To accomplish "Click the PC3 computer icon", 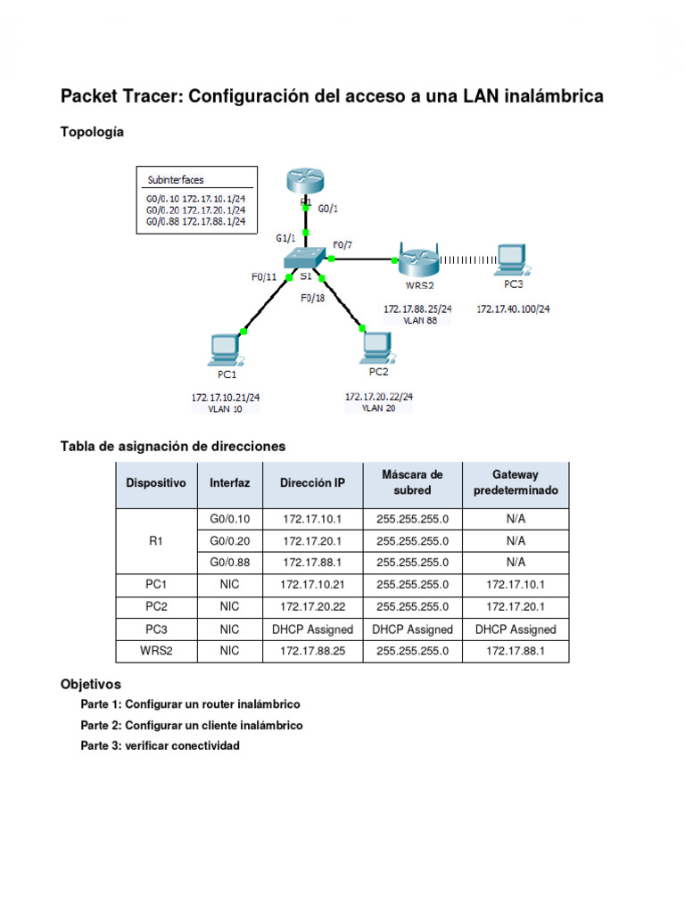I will [512, 259].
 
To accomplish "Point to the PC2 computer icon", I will [378, 346].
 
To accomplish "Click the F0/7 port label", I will [342, 243].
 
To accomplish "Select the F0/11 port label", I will [264, 277].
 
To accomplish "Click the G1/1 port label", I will [285, 238].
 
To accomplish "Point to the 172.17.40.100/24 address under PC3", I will [512, 308].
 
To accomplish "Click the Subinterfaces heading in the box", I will [176, 179].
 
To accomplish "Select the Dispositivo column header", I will [156, 483].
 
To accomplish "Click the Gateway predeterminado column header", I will [516, 482].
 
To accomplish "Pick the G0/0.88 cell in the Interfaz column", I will [229, 563].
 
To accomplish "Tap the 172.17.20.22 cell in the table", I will [312, 606].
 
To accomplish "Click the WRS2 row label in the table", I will [156, 651].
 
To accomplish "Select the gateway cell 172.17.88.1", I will [516, 651].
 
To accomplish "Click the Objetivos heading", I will [90, 685].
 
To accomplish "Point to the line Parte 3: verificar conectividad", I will [160, 745].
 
